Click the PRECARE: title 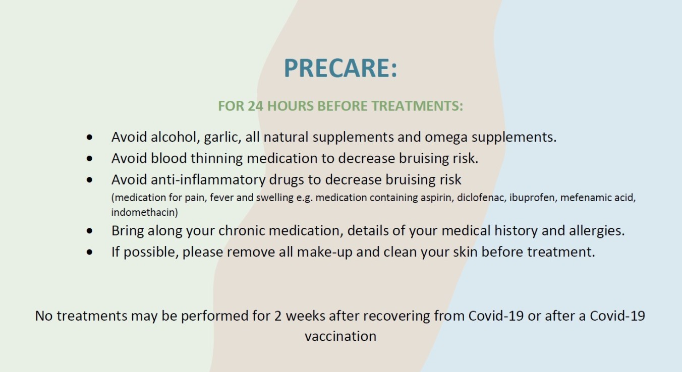[340, 68]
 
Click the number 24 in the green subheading [255, 106]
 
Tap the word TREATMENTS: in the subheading [417, 106]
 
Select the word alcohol [176, 137]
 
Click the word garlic [222, 138]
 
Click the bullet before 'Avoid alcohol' [89, 138]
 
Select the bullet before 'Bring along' [89, 231]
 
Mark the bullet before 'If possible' [89, 252]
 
